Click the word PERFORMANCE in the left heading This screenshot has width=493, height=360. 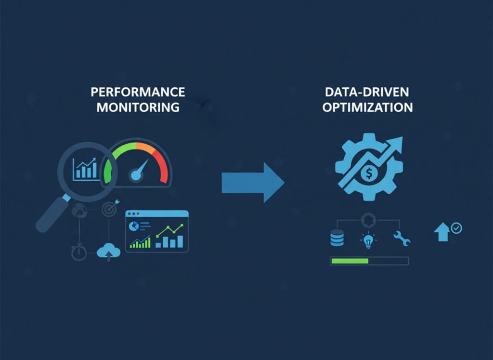coord(138,92)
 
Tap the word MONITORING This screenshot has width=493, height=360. coord(138,107)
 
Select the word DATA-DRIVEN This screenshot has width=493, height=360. coord(367,92)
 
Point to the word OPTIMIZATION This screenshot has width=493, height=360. coord(367,107)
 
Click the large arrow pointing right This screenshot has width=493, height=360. coord(253,183)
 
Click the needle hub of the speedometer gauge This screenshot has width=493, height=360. coord(136,175)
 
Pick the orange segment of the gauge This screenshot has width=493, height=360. coord(145,148)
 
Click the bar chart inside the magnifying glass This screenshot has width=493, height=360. coord(85,169)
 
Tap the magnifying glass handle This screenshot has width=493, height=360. coord(53,213)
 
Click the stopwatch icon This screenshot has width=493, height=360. coord(79,252)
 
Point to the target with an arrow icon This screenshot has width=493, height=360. coord(110,208)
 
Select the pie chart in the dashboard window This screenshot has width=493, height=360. coord(134,226)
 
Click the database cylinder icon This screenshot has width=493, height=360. coord(337,238)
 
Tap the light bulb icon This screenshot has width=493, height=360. coord(368,240)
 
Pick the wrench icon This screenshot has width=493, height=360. coord(402,238)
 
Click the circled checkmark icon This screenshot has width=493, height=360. coord(456,228)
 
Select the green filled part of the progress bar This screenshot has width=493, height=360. coord(350,261)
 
